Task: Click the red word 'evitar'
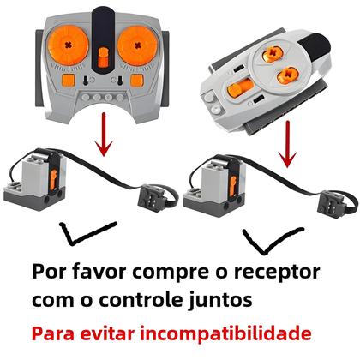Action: click(x=111, y=333)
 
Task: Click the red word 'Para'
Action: click(x=54, y=333)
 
